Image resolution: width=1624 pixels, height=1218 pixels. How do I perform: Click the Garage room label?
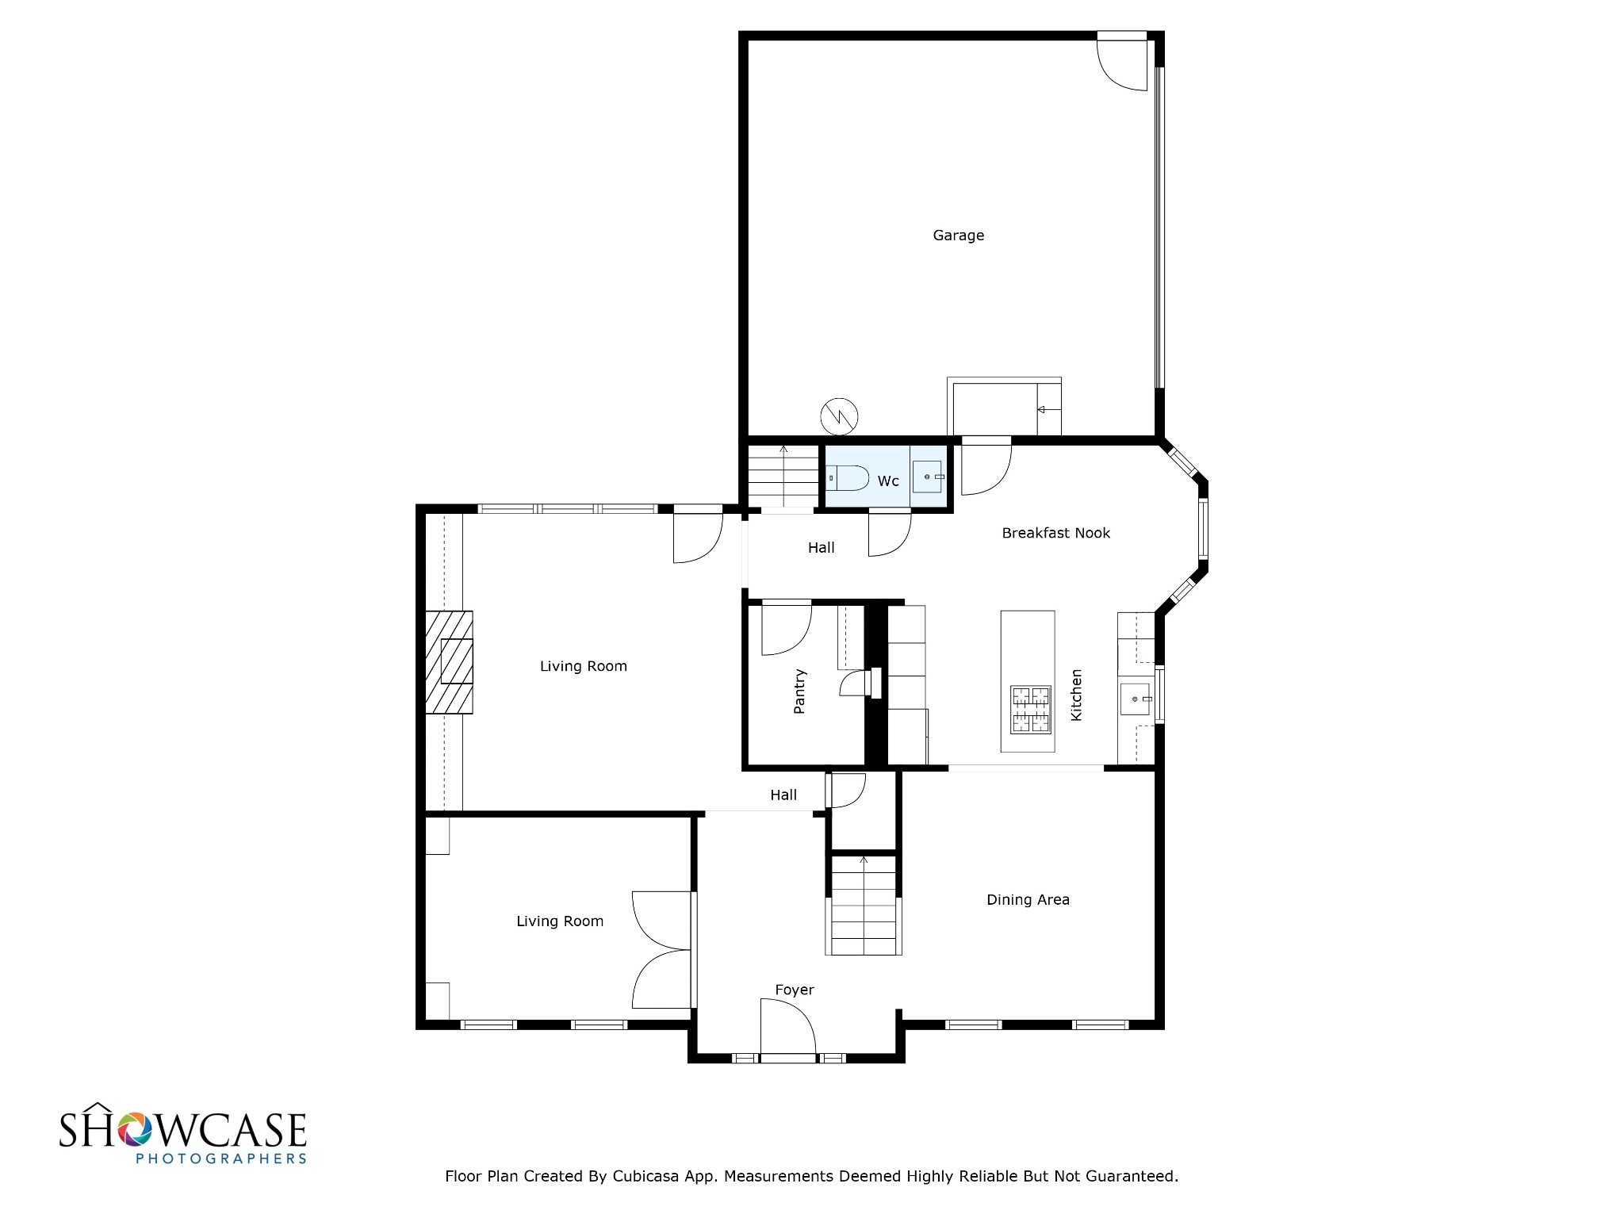coord(958,236)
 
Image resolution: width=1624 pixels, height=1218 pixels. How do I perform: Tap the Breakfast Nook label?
coord(1055,533)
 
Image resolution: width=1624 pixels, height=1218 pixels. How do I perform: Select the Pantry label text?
coord(799,691)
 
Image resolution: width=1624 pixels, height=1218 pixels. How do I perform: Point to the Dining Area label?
coord(1028,899)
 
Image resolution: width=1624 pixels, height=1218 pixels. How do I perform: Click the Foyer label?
coord(795,990)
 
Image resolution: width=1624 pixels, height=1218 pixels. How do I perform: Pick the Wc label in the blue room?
coord(888,481)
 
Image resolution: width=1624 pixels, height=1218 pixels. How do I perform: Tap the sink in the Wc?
coord(927,477)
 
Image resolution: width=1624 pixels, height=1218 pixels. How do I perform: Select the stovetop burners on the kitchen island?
coord(1029,710)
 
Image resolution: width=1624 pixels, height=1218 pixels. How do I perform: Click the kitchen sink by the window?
coord(1135,699)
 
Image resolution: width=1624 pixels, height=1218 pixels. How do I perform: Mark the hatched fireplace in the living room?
coord(449,662)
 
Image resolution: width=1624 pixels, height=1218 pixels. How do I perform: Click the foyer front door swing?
coord(788,1027)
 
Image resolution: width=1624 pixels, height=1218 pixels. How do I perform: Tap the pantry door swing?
coord(787,630)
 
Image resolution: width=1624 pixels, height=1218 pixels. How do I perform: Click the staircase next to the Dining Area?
coord(864,905)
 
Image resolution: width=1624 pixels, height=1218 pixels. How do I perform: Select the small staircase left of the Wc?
coord(783,476)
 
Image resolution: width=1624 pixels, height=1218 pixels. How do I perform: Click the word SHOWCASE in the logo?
coord(182,1129)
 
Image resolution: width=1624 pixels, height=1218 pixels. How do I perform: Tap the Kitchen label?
coord(1076,695)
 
